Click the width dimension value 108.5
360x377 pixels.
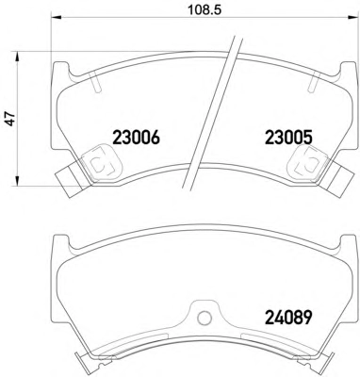[205, 9]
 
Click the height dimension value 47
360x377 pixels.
[11, 119]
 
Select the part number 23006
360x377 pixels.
[136, 138]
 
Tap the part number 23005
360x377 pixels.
[288, 138]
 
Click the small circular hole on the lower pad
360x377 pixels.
[205, 319]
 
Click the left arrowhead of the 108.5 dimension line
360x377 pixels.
[56, 18]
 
